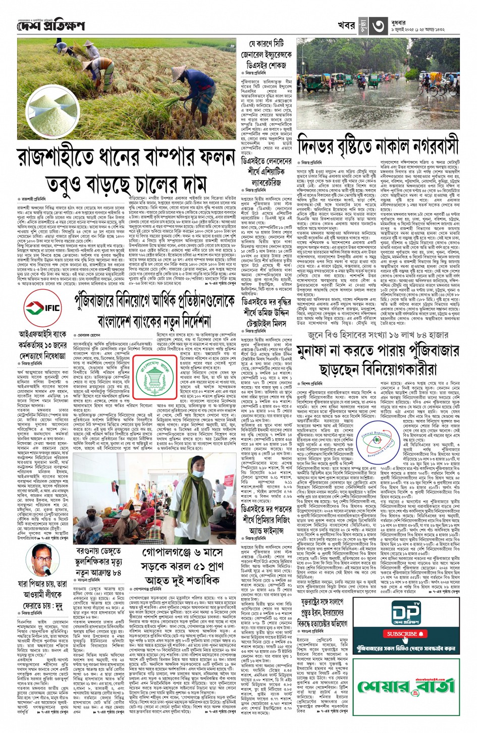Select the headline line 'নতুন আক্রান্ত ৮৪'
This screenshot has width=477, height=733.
pyautogui.click(x=98, y=572)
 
